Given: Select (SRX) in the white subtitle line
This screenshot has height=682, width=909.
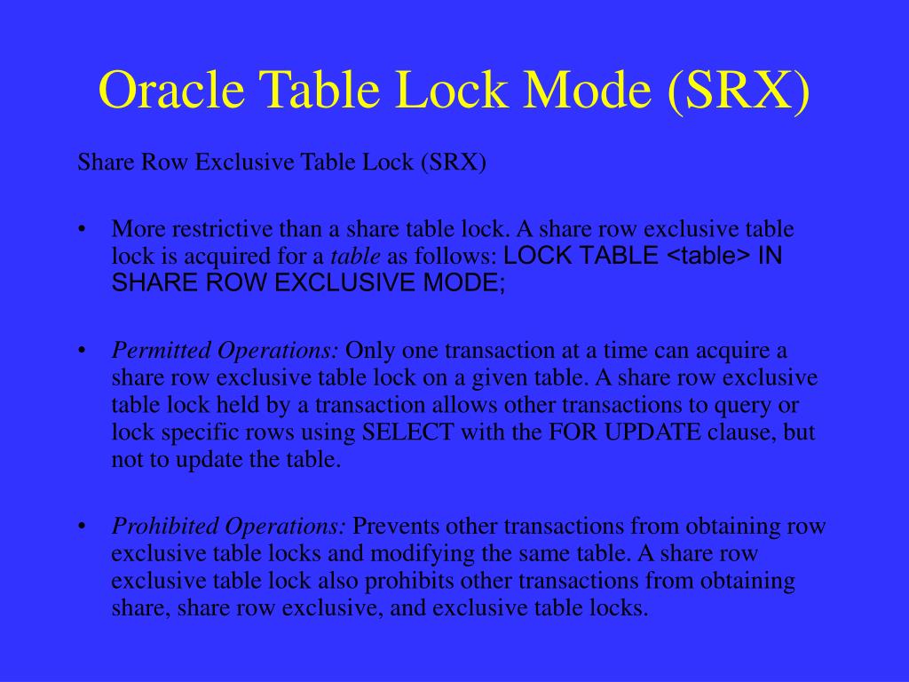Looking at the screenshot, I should (454, 163).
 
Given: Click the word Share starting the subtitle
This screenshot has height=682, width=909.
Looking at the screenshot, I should (103, 163).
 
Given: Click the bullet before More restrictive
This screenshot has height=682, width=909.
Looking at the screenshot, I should (82, 229).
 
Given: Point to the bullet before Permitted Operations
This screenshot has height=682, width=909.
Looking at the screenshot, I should (82, 350).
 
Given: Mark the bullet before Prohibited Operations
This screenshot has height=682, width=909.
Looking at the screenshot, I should (82, 526).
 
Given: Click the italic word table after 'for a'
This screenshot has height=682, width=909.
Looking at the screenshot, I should (356, 257).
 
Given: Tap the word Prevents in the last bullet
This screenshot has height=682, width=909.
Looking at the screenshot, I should (396, 526).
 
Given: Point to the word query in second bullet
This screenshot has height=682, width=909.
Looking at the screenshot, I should (747, 406).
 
